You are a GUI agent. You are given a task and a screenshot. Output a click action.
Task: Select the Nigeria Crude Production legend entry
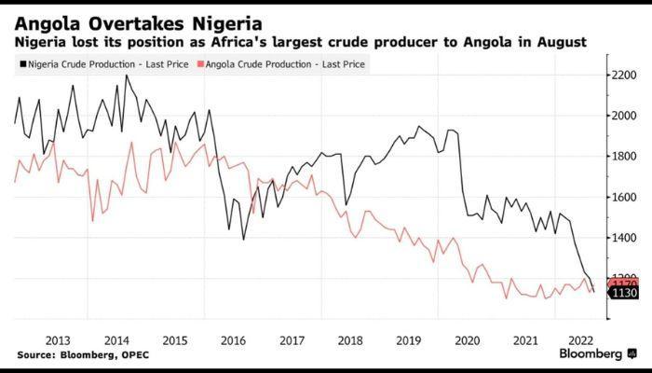coord(103,63)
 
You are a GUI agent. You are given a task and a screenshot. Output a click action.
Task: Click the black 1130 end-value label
coord(624,293)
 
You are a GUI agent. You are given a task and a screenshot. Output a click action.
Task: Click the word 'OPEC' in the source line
coord(134,355)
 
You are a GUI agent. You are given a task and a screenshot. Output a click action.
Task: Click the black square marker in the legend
coord(21,64)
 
